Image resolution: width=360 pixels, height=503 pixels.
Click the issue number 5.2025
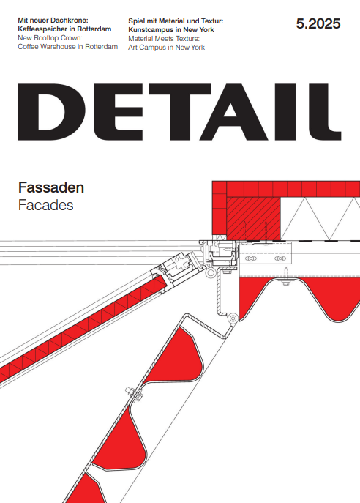click(x=318, y=24)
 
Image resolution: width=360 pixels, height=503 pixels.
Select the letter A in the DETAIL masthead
click(x=233, y=112)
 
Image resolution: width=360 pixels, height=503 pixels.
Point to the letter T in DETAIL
click(x=180, y=112)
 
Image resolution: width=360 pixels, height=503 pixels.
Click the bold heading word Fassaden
click(x=51, y=187)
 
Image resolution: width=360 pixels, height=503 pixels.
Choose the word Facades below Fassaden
click(x=46, y=205)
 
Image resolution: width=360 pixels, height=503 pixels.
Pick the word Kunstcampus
click(x=148, y=30)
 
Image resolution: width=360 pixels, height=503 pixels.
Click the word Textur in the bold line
click(x=211, y=21)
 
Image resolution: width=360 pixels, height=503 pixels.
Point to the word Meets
click(x=165, y=39)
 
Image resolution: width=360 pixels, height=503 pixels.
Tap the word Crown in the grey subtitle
click(x=72, y=38)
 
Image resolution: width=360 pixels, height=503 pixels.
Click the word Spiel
click(x=136, y=21)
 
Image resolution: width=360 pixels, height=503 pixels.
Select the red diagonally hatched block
click(x=253, y=218)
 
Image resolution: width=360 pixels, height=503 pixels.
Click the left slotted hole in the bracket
click(x=251, y=258)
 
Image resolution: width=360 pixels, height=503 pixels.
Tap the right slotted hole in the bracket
click(x=280, y=258)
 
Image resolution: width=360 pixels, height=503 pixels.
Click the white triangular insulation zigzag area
click(x=320, y=218)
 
